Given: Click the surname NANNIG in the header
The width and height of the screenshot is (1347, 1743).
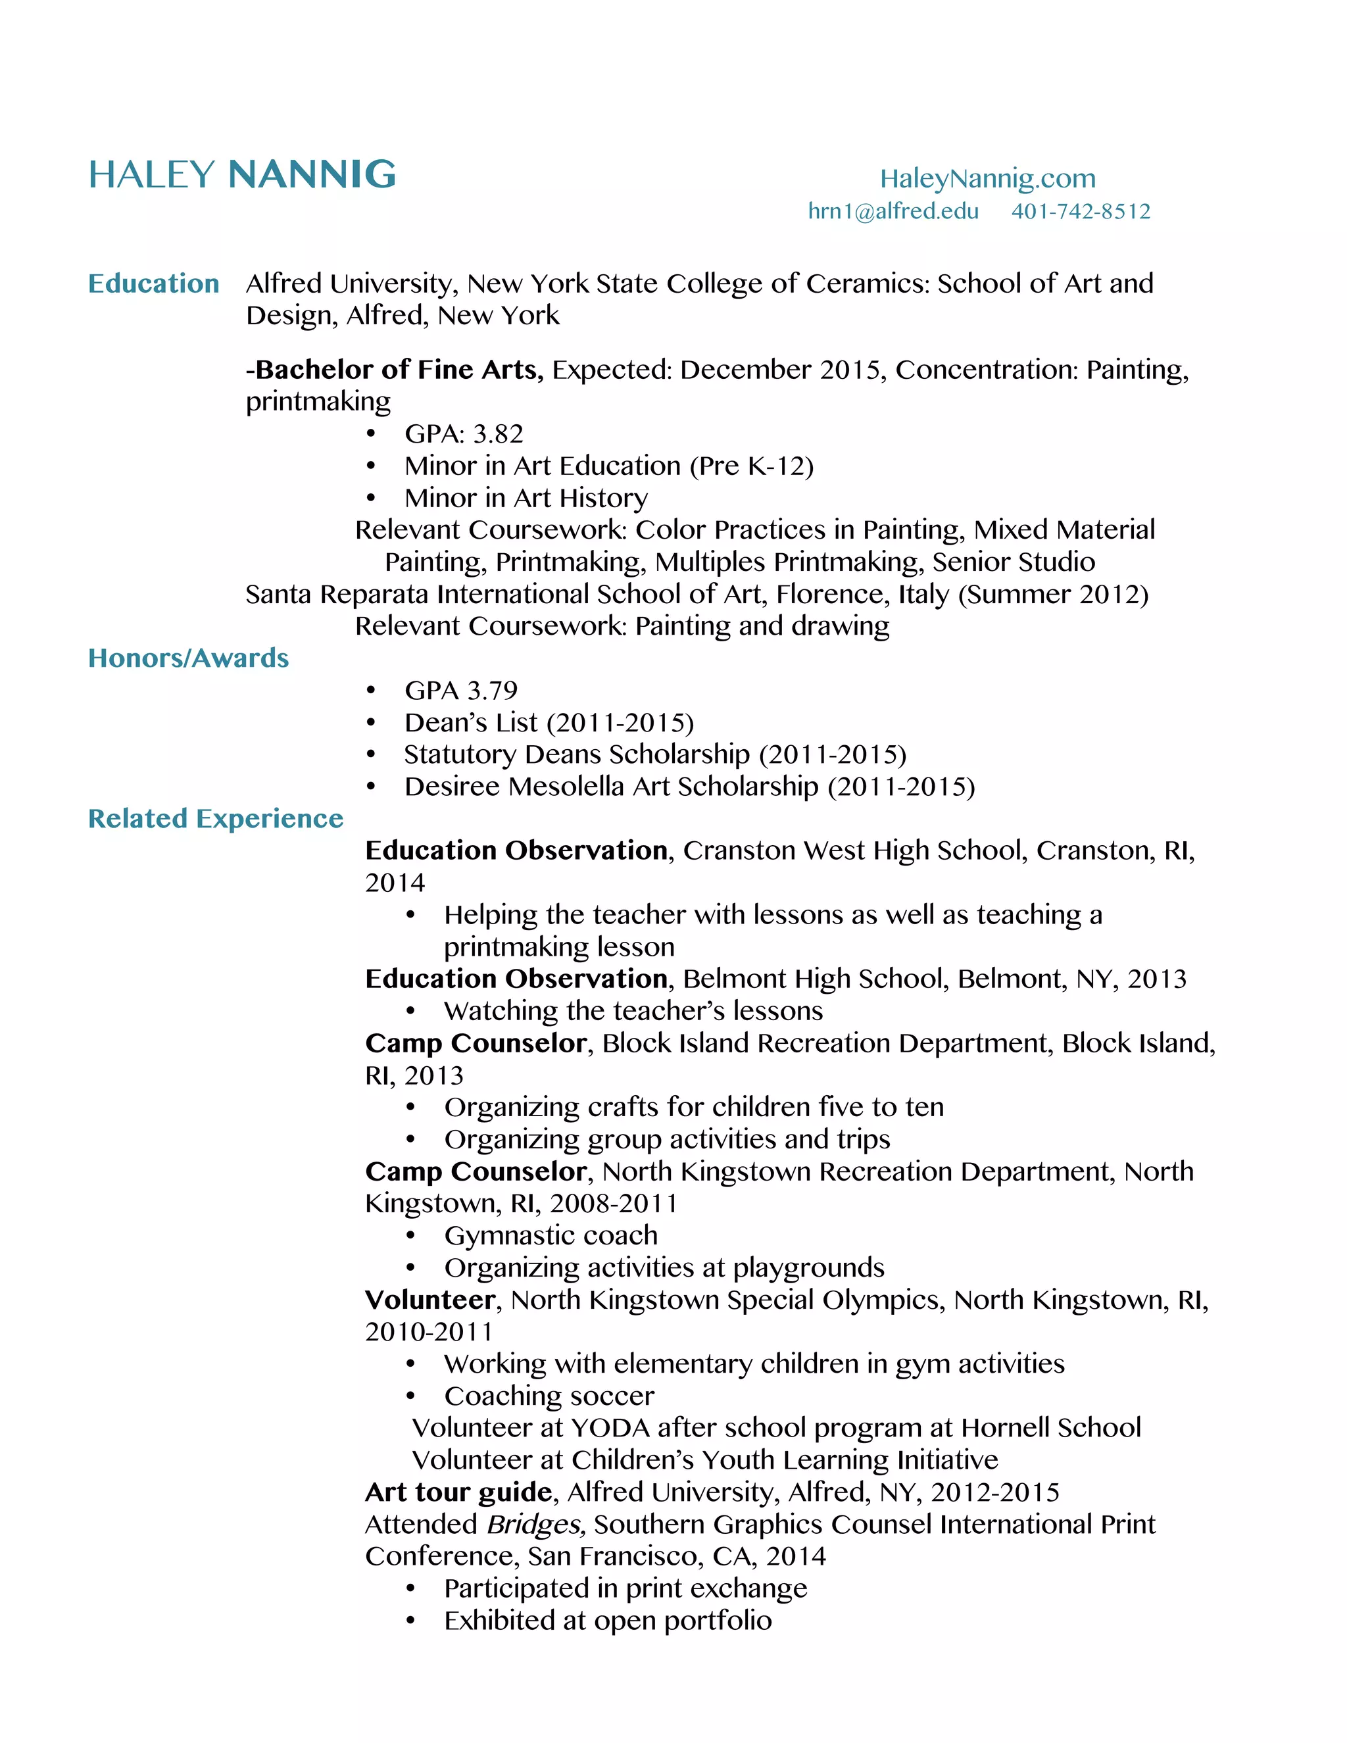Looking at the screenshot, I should tap(312, 175).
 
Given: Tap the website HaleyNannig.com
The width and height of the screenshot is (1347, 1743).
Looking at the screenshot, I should tap(987, 178).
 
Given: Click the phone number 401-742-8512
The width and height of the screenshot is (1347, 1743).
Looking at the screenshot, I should tap(1081, 212).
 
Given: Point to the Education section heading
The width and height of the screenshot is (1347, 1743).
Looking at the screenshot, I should tap(153, 283).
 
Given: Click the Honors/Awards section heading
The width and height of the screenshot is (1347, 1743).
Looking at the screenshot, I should tap(188, 658).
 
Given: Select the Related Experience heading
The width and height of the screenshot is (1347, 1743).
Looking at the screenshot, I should tap(216, 818).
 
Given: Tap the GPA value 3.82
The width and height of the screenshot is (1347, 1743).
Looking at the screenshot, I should tap(498, 434).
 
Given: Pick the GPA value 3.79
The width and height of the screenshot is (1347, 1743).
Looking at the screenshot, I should tap(493, 691).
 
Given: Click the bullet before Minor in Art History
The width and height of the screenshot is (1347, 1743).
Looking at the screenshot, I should tap(370, 499).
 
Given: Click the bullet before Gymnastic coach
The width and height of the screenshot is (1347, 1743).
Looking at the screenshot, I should tap(410, 1237).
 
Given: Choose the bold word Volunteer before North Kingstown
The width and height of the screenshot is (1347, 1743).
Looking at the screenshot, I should tap(430, 1300).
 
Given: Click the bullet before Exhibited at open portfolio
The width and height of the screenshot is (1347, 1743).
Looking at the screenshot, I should tap(410, 1621).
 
